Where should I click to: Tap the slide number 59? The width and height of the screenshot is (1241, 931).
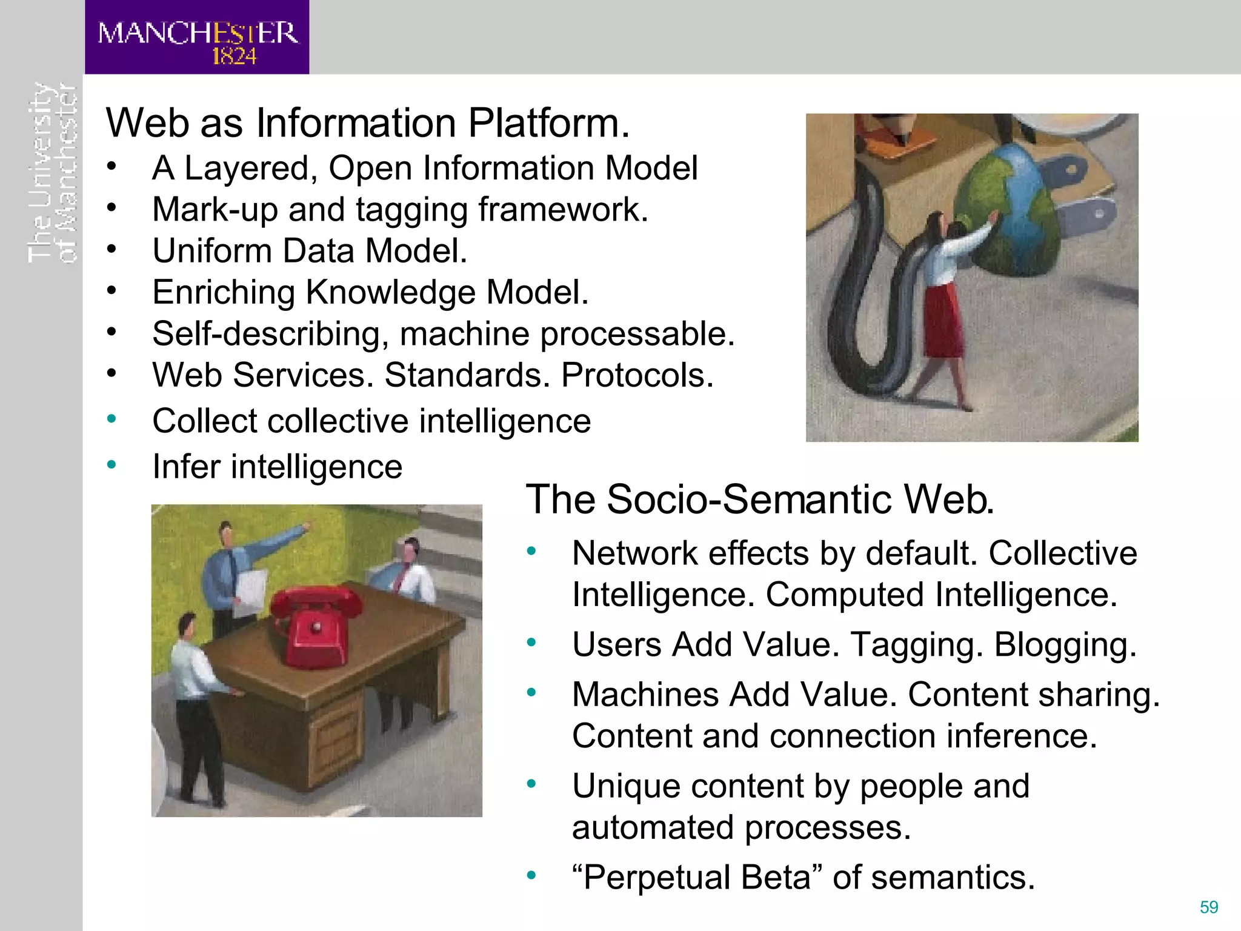1209,907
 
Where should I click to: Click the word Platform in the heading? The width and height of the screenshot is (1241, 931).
548,123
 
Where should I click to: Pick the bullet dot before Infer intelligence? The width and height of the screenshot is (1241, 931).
111,465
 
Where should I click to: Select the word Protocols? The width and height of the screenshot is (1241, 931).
637,375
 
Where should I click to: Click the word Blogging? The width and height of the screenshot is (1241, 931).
1065,644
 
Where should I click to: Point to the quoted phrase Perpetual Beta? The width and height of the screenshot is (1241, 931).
697,877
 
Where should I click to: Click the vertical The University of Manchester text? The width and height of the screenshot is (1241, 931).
53,173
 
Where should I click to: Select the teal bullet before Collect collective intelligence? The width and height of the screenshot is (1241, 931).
111,419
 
